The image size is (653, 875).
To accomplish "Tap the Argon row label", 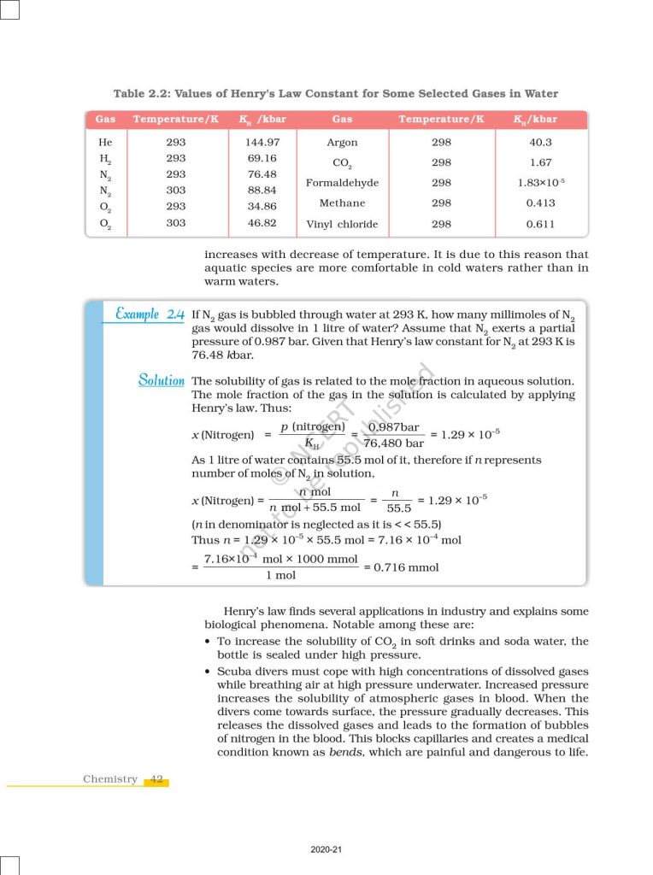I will click(342, 143).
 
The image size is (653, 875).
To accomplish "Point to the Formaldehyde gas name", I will click(342, 183).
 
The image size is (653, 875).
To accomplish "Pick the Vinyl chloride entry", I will click(342, 225).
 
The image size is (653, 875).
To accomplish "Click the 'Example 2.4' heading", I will click(150, 315).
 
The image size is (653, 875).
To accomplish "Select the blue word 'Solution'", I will click(161, 380).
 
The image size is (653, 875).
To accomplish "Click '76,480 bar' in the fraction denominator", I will click(393, 443).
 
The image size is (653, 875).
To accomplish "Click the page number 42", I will click(156, 779).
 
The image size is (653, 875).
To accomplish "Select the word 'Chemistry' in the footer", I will click(109, 779).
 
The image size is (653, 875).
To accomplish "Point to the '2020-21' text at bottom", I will click(326, 849).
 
